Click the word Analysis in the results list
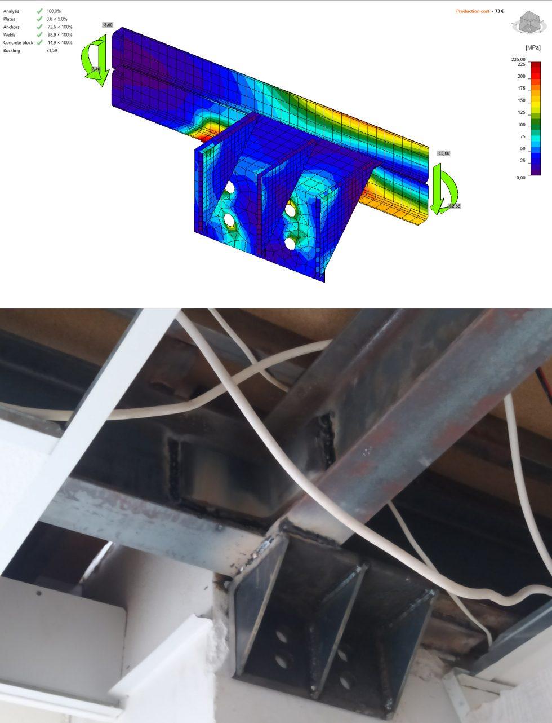(x=11, y=11)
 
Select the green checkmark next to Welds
(x=39, y=35)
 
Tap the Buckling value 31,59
(x=52, y=51)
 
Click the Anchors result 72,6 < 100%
(x=59, y=27)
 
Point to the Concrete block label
(x=18, y=43)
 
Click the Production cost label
(x=473, y=11)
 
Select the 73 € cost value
(x=499, y=11)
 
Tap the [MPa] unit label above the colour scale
(x=532, y=48)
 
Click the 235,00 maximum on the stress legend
(x=518, y=59)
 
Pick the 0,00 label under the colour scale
(x=520, y=178)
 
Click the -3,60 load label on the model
(x=108, y=25)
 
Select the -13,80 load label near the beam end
(x=443, y=153)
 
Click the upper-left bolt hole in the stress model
(x=230, y=186)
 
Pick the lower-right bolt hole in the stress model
(x=290, y=243)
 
